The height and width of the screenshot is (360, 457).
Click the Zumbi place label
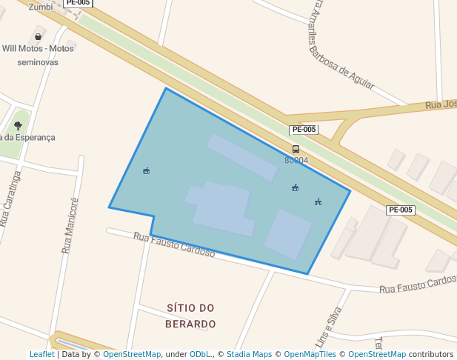(x=41, y=7)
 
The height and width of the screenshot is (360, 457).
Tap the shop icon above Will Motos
(x=39, y=36)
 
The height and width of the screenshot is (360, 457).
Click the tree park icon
(x=18, y=126)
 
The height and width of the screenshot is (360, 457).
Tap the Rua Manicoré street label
(x=70, y=226)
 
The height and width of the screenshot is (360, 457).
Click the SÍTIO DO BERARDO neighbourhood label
(x=190, y=316)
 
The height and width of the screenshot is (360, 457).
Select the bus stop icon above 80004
(x=296, y=149)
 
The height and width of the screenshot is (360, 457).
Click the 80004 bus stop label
(x=296, y=160)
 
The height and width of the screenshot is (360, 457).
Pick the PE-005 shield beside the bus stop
(x=304, y=130)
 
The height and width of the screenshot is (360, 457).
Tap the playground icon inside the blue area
(x=318, y=201)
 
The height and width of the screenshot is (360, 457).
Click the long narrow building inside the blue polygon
(x=242, y=157)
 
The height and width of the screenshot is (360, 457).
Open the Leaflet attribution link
(x=41, y=354)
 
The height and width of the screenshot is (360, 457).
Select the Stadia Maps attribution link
(x=250, y=354)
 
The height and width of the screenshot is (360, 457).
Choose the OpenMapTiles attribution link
(x=310, y=354)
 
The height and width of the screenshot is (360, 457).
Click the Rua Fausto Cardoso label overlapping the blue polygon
(x=174, y=245)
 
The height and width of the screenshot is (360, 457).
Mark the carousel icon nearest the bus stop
(x=295, y=187)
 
